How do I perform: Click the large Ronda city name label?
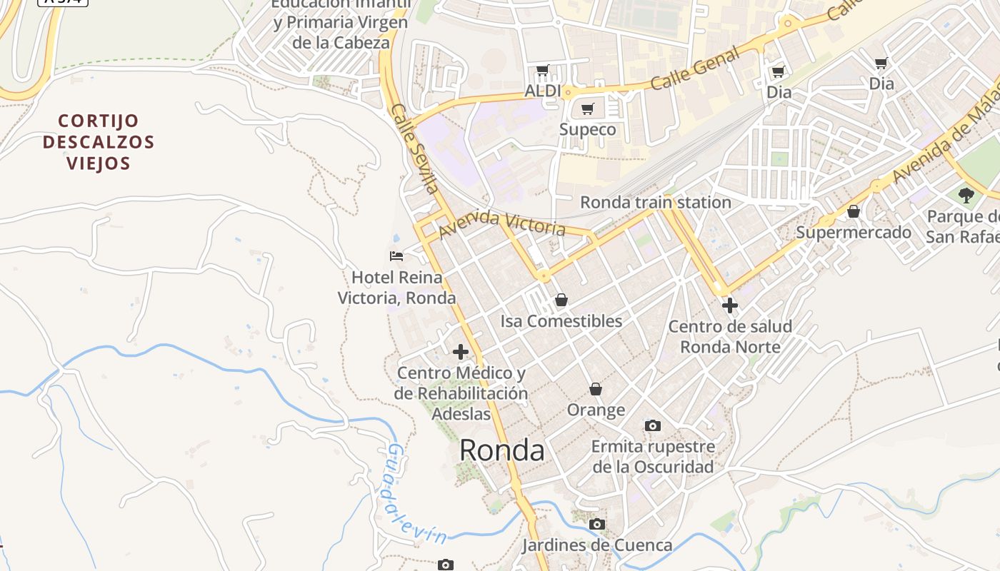tap(501, 450)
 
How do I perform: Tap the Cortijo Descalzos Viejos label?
tap(99, 142)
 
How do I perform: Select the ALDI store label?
tap(543, 91)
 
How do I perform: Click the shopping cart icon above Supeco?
tap(588, 108)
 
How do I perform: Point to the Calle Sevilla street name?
tap(414, 149)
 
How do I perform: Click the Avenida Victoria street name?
tap(502, 224)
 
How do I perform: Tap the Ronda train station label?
tap(655, 203)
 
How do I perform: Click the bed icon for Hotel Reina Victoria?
tap(396, 256)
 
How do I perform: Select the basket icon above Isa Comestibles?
tap(561, 300)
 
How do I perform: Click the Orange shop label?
tap(596, 410)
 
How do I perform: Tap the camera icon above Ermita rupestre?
tap(652, 425)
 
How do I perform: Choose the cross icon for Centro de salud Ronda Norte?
tap(729, 305)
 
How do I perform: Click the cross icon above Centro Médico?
tap(461, 351)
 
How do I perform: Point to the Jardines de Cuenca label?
tap(596, 546)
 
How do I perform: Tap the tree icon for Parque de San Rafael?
tap(966, 194)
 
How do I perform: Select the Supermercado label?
tap(854, 233)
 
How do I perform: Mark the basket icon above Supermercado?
tap(853, 211)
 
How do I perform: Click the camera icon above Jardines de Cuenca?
tap(596, 525)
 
